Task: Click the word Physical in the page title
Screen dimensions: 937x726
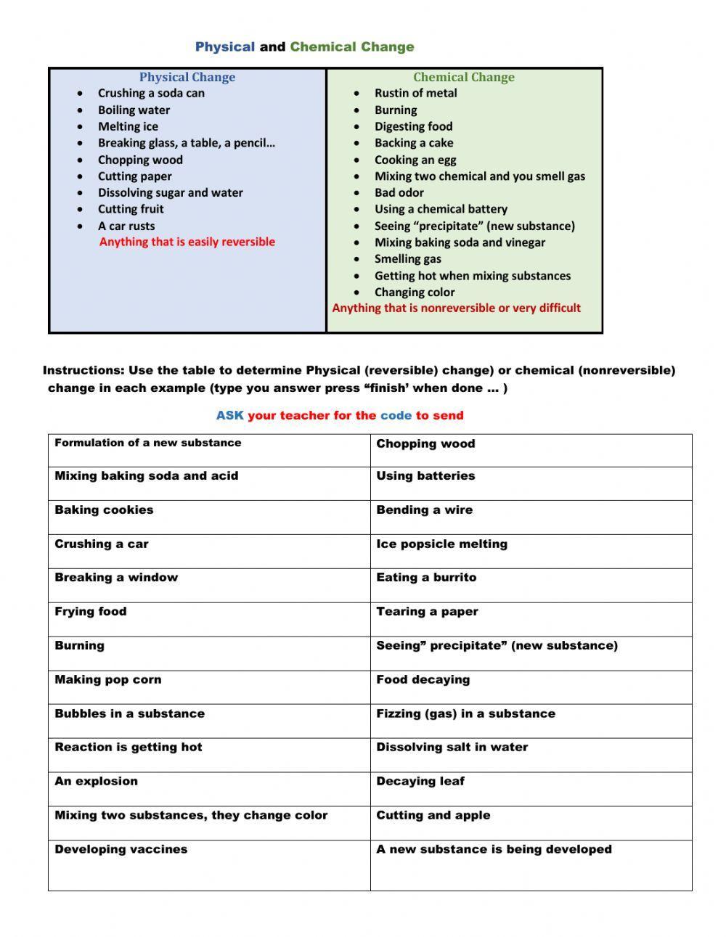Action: point(224,47)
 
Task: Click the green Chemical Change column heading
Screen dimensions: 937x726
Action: point(464,77)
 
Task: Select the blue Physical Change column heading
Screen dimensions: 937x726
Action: point(187,77)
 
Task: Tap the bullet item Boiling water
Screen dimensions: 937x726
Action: point(134,110)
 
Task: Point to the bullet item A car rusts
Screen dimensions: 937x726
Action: point(126,226)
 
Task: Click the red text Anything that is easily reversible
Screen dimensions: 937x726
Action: point(187,242)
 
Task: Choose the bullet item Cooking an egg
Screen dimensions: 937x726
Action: point(415,160)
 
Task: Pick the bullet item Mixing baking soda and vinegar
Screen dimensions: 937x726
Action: point(460,242)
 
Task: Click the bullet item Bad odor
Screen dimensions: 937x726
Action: point(399,192)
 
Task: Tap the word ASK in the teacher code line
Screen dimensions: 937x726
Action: point(229,416)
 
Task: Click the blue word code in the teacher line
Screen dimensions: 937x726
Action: point(396,416)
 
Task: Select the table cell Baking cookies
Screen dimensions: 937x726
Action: point(104,510)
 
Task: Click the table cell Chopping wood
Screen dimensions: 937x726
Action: point(425,443)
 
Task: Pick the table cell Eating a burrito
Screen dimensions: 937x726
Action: point(426,578)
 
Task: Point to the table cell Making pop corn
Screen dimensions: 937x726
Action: point(108,680)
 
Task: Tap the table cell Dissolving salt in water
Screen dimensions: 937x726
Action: point(452,748)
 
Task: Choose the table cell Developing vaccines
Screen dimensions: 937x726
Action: point(121,849)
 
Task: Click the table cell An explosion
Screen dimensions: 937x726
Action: point(96,782)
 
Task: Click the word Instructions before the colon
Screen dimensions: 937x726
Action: point(82,370)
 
